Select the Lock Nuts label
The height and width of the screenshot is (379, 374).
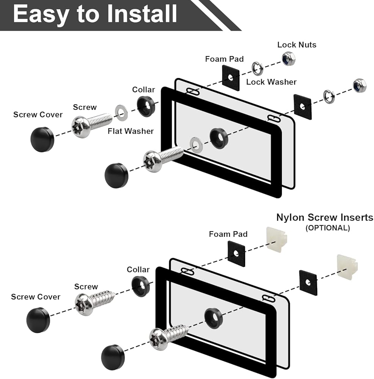pos(297,45)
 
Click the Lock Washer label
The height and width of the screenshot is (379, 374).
pos(271,82)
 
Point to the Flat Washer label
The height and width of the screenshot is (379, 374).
pos(130,131)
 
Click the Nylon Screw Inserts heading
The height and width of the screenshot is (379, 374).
pos(325,217)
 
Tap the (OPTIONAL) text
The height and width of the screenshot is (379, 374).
pos(328,228)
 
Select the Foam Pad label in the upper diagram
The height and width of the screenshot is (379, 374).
pos(224,59)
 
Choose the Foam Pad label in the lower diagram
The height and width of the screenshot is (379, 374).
pos(228,234)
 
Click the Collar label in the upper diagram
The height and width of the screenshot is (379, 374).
pos(143,90)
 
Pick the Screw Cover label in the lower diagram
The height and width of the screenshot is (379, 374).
pos(36,297)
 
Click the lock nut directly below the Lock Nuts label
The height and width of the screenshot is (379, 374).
pos(289,59)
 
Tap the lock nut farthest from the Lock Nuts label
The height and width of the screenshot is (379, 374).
pos(360,85)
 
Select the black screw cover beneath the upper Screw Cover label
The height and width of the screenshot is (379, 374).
pos(42,139)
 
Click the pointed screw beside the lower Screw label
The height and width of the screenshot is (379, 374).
pos(94,301)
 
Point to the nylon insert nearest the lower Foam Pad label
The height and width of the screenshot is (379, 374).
pos(277,239)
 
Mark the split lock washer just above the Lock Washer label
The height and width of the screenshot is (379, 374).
pos(258,68)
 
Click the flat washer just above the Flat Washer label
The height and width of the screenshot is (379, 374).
pos(121,113)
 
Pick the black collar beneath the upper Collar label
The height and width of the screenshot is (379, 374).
pos(146,106)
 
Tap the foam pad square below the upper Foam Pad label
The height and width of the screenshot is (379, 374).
pos(231,78)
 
